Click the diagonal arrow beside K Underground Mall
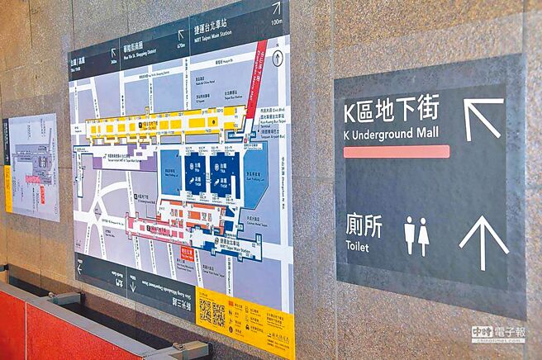point(483,118)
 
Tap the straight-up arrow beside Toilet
point(483,241)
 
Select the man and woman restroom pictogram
point(416,236)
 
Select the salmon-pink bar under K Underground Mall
point(396,152)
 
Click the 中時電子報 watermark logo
point(497,334)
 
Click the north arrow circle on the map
point(278,59)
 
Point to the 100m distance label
point(276,21)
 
